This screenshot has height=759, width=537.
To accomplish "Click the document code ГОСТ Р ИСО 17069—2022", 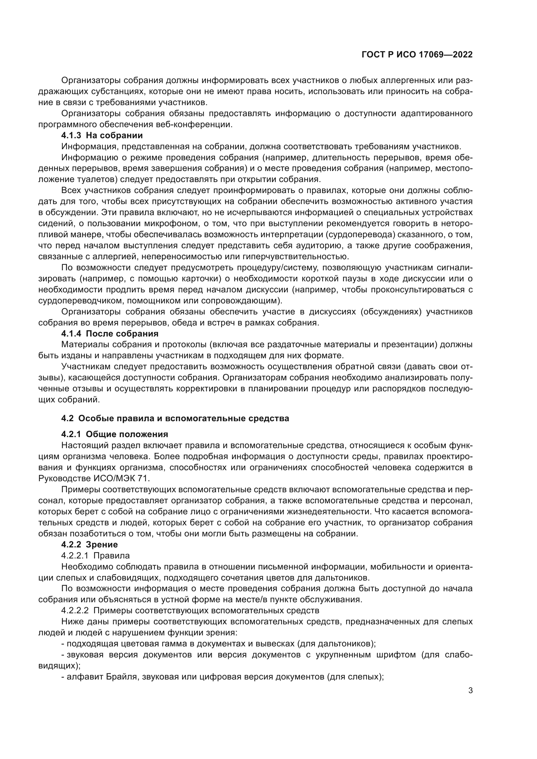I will point(417,55).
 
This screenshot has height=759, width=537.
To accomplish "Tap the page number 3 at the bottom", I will point(470,691).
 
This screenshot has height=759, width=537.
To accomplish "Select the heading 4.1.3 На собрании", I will point(102,136).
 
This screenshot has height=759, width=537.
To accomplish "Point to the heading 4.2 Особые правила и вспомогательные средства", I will point(175,419).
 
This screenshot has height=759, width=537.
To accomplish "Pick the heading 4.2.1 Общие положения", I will point(114,435).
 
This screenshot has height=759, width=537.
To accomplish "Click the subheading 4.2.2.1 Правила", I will point(95,555).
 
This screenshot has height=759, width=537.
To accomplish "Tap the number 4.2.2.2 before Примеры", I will point(75,610).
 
